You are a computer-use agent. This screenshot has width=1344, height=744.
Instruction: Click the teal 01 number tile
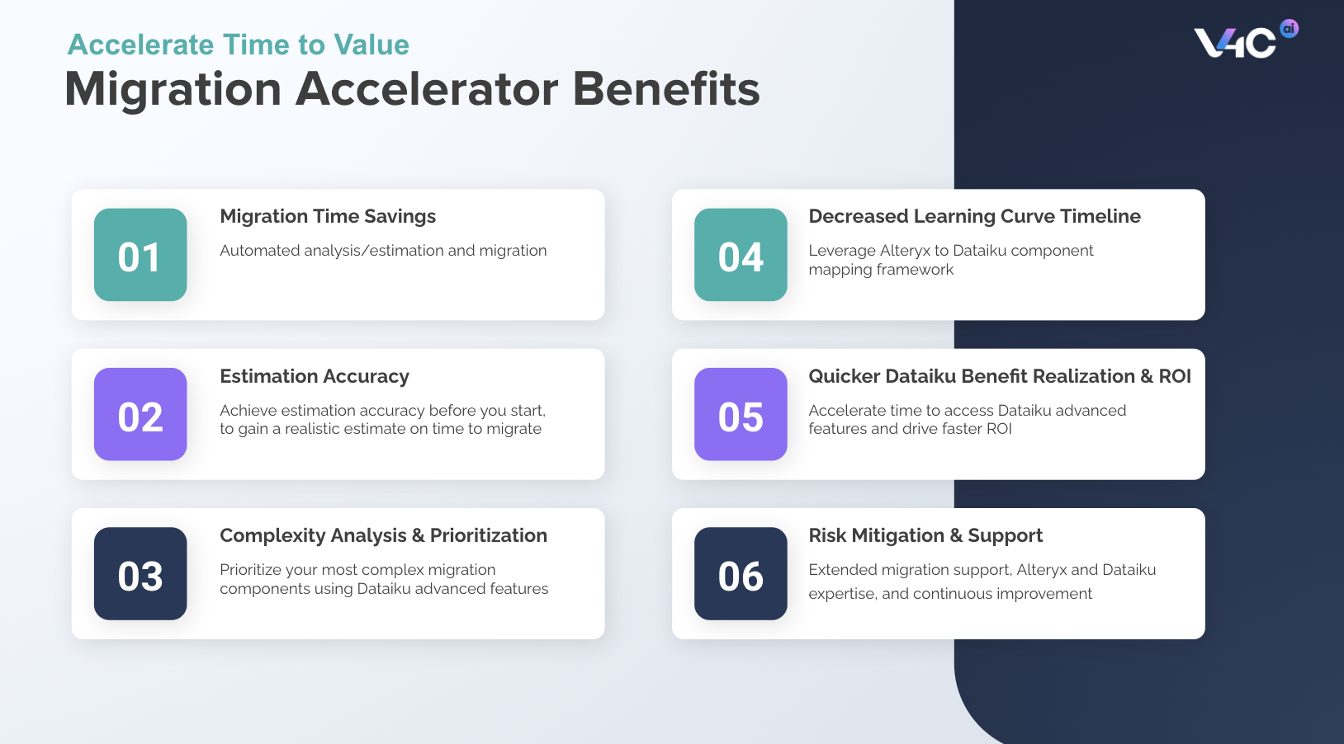140,255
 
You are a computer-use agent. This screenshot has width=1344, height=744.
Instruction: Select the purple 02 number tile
140,414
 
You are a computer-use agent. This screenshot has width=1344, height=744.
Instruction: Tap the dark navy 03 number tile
140,574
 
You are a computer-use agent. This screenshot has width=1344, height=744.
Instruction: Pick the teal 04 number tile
741,255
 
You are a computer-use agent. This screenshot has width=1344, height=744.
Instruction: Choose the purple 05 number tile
741,414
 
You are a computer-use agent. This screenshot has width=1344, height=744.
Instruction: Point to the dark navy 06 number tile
741,574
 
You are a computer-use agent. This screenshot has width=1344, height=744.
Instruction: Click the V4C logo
1235,42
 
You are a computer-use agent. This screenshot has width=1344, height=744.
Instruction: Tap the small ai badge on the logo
1289,29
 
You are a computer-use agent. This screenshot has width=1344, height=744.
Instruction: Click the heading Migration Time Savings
328,216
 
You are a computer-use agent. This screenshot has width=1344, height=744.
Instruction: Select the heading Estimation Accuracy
315,376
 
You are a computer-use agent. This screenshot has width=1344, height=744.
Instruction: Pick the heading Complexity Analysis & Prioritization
383,535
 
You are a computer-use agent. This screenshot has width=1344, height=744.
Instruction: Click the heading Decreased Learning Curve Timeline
974,216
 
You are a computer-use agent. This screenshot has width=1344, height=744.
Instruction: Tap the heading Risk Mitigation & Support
925,535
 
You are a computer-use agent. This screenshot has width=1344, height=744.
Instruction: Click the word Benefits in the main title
665,89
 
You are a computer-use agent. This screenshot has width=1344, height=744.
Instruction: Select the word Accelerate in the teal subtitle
141,45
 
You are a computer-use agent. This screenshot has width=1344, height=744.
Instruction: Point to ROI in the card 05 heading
1174,376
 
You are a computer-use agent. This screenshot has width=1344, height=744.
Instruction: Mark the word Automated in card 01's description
253,251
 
